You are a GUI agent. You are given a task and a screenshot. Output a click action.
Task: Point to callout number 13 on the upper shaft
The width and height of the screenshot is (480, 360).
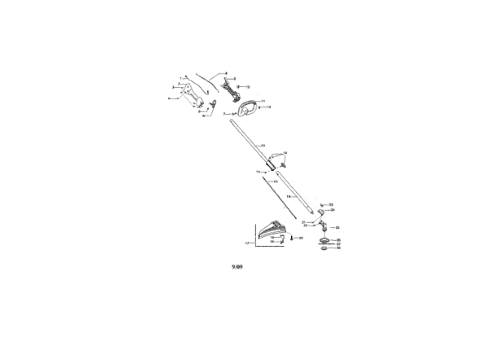pos(262,144)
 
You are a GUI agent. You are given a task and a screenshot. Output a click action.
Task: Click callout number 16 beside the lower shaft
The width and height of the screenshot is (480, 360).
pos(289,196)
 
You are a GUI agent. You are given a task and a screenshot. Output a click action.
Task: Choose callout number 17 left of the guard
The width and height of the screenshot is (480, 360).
pos(247,244)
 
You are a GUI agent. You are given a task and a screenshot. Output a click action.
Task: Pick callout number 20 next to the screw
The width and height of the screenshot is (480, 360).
pos(301,238)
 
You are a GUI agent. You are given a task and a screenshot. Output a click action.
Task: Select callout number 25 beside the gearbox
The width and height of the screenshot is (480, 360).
pos(337,227)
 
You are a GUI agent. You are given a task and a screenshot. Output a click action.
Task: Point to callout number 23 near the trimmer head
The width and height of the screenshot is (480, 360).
pos(331,204)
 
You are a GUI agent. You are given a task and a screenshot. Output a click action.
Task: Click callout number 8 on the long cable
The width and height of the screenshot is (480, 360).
pos(226,73)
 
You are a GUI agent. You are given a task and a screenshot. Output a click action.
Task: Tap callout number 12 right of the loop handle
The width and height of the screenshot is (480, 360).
pos(268,107)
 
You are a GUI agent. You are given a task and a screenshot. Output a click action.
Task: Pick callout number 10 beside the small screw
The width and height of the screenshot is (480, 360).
pos(247,87)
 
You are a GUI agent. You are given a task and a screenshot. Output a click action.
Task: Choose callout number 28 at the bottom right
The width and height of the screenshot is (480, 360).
pos(338,247)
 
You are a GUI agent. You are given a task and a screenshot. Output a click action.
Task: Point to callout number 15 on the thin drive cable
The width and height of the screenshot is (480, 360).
pos(275,181)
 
